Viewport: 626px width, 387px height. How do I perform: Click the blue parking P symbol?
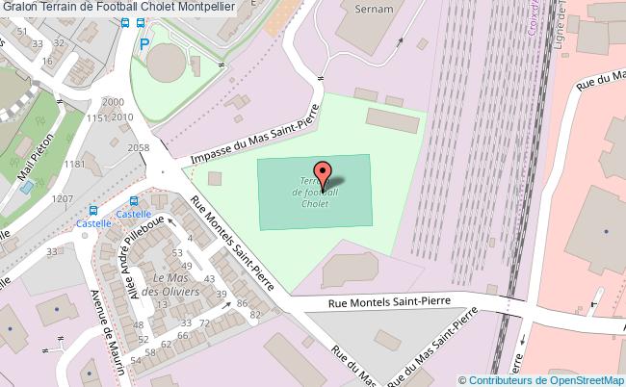click(144, 43)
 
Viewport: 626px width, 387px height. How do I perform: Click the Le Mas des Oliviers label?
click(170, 283)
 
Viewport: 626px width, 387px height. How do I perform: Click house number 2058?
click(139, 147)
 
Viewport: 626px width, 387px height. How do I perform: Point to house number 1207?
click(63, 198)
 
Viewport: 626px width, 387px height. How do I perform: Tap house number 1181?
click(76, 165)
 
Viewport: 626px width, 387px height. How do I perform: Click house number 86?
click(243, 303)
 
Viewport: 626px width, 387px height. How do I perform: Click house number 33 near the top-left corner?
click(38, 43)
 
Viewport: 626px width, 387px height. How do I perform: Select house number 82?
click(255, 314)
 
